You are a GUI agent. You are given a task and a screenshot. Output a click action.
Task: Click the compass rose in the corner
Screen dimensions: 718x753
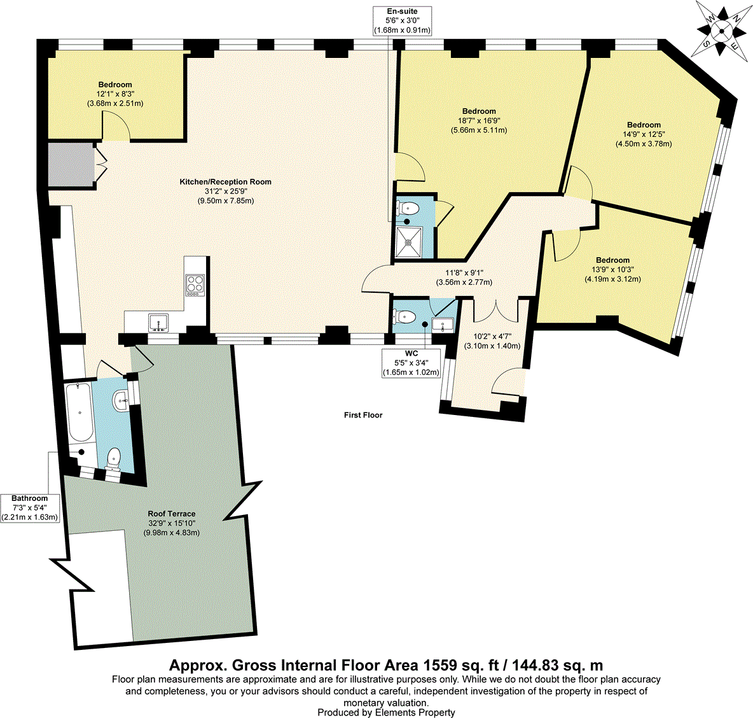click(x=721, y=29)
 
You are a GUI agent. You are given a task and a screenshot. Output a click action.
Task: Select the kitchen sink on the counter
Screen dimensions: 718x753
click(x=157, y=323)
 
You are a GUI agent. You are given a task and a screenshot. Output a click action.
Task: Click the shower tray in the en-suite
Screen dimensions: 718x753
click(x=410, y=241)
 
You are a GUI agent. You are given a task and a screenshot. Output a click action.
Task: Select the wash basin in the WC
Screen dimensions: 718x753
click(x=443, y=324)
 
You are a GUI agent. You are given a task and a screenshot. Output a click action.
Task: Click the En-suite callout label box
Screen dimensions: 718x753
click(x=402, y=21)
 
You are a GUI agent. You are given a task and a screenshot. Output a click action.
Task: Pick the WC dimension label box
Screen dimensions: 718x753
click(x=411, y=363)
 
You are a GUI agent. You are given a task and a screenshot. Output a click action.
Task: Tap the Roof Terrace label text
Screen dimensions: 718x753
click(x=171, y=514)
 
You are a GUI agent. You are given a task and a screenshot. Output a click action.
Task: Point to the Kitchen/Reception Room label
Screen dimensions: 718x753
click(x=225, y=182)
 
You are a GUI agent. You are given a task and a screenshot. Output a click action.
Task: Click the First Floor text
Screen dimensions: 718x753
click(x=363, y=415)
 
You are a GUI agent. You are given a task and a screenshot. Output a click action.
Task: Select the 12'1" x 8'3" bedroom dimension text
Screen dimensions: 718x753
click(x=115, y=94)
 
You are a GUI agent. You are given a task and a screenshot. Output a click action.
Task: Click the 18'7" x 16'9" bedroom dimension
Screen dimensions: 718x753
click(x=479, y=120)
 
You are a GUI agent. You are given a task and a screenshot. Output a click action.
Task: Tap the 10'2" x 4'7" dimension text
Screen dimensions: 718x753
click(x=492, y=337)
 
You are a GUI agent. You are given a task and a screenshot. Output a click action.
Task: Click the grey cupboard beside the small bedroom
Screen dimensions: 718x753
click(x=71, y=165)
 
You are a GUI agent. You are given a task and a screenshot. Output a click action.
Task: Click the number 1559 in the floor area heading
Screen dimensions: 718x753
click(x=438, y=666)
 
